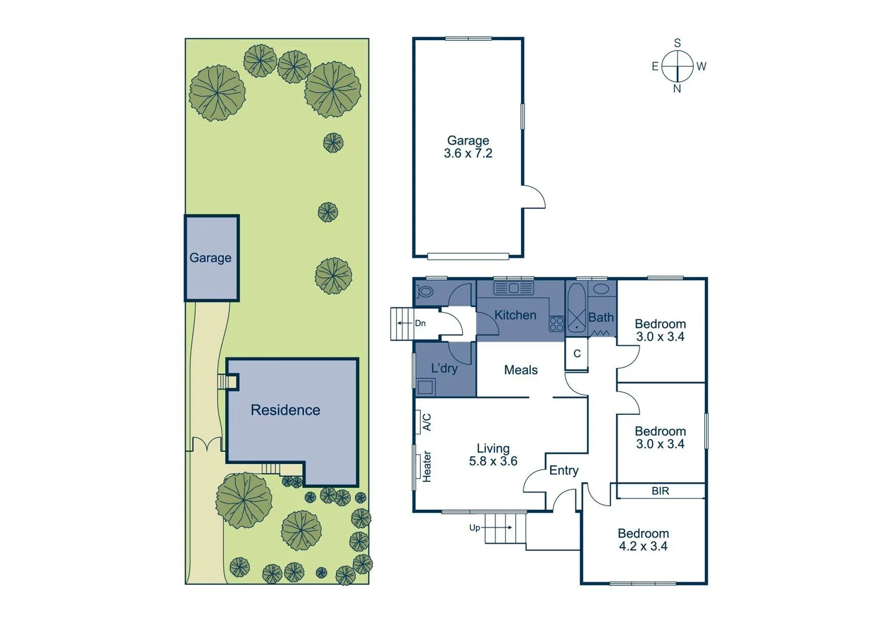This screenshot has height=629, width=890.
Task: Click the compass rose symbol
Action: click(x=677, y=66)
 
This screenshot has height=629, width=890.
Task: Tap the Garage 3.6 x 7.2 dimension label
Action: click(x=468, y=147)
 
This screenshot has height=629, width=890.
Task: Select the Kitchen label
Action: click(x=515, y=315)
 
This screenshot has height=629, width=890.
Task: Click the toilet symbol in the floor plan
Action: click(x=426, y=291)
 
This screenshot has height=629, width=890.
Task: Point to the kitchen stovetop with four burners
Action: click(x=556, y=324)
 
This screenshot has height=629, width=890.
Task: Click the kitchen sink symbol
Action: click(x=513, y=288)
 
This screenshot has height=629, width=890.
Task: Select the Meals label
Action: click(x=520, y=370)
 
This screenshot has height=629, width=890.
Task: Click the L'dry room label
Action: click(x=444, y=368)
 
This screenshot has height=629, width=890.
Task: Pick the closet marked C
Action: click(x=577, y=354)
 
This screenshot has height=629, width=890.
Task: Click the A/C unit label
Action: click(x=426, y=422)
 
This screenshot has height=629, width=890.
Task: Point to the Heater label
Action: click(x=427, y=467)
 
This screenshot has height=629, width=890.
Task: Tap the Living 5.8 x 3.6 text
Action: click(x=493, y=455)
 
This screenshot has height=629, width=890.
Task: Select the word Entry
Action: click(x=563, y=471)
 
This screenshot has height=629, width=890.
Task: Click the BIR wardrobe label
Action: click(x=660, y=491)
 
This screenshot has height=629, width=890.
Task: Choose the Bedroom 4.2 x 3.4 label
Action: click(x=643, y=540)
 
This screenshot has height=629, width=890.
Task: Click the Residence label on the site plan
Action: click(x=285, y=410)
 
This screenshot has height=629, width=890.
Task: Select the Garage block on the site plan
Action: click(x=211, y=258)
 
